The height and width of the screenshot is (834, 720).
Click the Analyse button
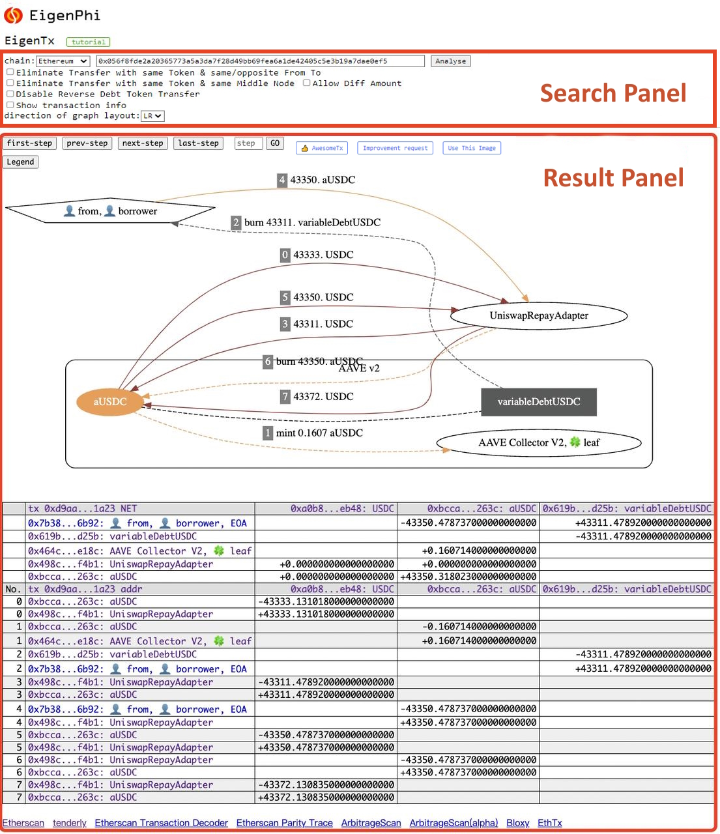pos(450,61)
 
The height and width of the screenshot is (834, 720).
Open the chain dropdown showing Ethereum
pos(63,61)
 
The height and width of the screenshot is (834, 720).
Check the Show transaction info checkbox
pos(10,105)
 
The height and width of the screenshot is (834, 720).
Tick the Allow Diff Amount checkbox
pos(307,83)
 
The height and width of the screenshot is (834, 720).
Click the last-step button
pos(198,143)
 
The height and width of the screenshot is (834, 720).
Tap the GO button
pos(275,143)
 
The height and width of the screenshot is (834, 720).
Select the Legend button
pos(21,162)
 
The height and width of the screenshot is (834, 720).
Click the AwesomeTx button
pos(322,148)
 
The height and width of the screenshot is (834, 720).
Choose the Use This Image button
pos(471,148)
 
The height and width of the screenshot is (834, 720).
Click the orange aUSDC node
pos(109,402)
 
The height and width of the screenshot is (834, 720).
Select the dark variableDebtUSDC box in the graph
pos(539,402)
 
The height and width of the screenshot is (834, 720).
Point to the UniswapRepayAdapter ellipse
pos(539,315)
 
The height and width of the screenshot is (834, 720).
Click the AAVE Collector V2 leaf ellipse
pos(539,442)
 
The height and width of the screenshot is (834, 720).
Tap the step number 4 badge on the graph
pos(281,180)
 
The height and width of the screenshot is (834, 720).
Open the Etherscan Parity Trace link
pos(285,822)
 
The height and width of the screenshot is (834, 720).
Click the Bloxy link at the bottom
pos(517,822)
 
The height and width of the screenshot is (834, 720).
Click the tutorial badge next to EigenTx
pos(88,42)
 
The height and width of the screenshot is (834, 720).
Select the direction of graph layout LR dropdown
pos(152,116)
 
